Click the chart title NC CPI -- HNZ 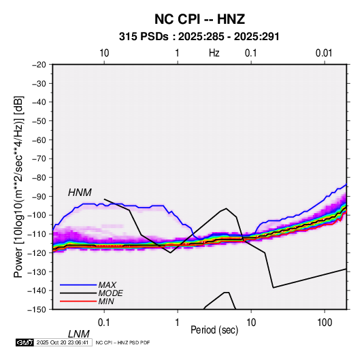click(x=199, y=19)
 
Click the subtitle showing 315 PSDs click(x=199, y=37)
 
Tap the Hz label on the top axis click(x=214, y=53)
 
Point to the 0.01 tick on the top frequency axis click(x=324, y=53)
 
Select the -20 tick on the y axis click(x=39, y=65)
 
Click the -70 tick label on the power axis click(x=39, y=159)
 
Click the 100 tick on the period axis click(x=324, y=323)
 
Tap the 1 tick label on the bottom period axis click(x=177, y=323)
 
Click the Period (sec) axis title click(x=214, y=330)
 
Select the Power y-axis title click(x=18, y=187)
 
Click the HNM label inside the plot click(x=80, y=193)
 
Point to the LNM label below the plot click(x=78, y=334)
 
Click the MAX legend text click(x=107, y=285)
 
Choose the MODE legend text click(x=110, y=293)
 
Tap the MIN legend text click(x=106, y=301)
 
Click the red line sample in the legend click(x=78, y=301)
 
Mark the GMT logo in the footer click(x=24, y=342)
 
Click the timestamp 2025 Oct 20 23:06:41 click(x=63, y=342)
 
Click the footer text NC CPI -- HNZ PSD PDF click(x=122, y=342)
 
